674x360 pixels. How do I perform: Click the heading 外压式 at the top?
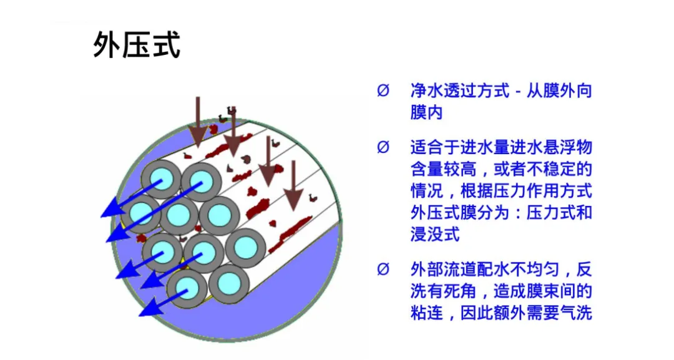(x=137, y=46)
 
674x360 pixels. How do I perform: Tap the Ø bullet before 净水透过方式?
(x=383, y=91)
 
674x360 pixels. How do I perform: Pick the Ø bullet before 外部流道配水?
(x=383, y=270)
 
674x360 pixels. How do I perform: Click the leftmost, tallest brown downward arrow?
(x=198, y=122)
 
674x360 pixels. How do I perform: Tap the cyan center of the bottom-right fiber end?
(x=229, y=284)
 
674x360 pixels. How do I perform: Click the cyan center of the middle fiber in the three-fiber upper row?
(x=179, y=215)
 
